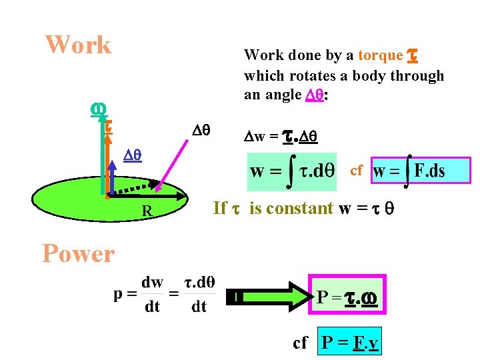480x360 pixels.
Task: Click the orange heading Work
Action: pos(78,45)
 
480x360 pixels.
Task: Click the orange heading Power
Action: pos(78,254)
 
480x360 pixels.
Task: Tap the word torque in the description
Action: pos(380,55)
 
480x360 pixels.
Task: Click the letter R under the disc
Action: pos(147,212)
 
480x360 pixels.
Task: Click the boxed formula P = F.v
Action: pos(350,343)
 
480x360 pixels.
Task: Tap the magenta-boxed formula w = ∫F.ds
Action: pos(421,171)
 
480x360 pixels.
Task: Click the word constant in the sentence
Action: pos(291,208)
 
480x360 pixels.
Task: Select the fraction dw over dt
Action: pos(153,294)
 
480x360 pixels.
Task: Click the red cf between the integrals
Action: pos(356,171)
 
